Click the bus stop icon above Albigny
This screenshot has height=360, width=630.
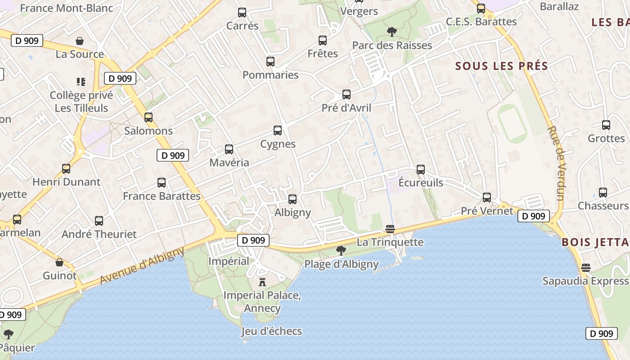point(292,199)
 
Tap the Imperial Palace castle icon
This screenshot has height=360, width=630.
point(262,282)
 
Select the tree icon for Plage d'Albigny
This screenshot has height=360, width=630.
point(341,250)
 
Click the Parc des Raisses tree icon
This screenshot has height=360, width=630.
point(392,31)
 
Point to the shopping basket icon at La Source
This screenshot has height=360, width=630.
point(80,41)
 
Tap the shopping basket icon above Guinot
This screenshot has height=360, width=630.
point(59,262)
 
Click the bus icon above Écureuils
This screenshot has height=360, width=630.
point(421,170)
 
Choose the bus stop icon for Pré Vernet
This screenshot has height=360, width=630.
point(486,197)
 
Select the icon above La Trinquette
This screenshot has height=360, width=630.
point(390,229)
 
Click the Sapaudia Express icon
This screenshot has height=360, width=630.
point(585,267)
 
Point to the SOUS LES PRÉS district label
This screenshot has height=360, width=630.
point(501,66)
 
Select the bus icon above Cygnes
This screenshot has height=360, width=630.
point(278,130)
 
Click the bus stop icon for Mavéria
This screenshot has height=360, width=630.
point(229,149)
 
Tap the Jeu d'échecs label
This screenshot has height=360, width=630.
point(271,331)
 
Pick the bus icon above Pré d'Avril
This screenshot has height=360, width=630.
point(346,94)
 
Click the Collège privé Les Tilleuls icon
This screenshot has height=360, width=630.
point(81,81)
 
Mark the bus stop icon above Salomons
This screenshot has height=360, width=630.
point(148,117)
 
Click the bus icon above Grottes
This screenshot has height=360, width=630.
point(606,125)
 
